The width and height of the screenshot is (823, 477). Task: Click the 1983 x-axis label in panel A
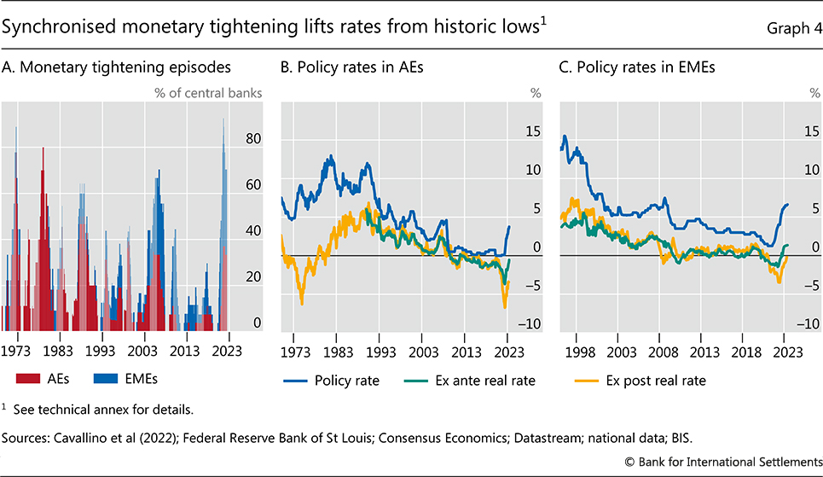57,351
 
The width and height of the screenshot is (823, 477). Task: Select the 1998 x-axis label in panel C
579,351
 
